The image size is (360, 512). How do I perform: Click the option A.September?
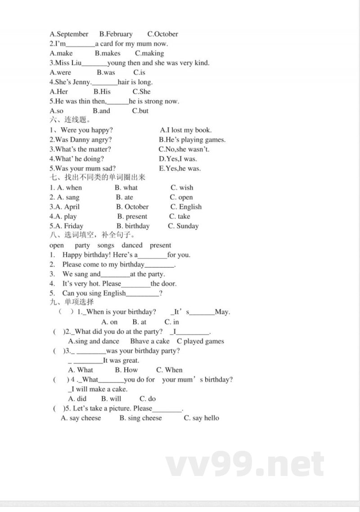(x=69, y=34)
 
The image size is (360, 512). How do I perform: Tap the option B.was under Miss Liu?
(x=106, y=72)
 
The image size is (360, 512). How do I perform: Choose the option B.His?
(x=102, y=91)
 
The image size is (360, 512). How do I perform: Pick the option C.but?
(x=140, y=111)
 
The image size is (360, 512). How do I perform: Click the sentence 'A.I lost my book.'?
(x=185, y=130)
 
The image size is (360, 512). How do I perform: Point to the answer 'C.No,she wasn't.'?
(x=184, y=149)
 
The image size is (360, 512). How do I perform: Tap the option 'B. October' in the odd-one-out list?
(x=132, y=207)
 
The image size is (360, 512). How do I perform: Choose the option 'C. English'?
(x=186, y=207)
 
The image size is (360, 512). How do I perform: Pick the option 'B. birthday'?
(x=133, y=226)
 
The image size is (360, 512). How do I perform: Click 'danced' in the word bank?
(x=132, y=245)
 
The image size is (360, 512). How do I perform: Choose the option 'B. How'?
(x=126, y=370)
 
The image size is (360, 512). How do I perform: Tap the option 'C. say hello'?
(x=201, y=418)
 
